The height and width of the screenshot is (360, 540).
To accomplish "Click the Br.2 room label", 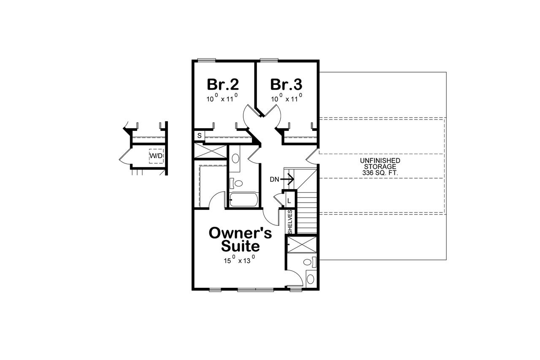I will pyautogui.click(x=223, y=84).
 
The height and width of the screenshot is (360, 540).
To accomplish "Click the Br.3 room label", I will pyautogui.click(x=286, y=84).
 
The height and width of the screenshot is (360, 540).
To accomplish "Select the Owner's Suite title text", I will pyautogui.click(x=240, y=239).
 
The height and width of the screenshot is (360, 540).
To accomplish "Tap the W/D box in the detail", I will pyautogui.click(x=156, y=156).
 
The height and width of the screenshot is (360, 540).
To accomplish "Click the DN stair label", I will pyautogui.click(x=274, y=179).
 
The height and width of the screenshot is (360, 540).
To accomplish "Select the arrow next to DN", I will pyautogui.click(x=288, y=179).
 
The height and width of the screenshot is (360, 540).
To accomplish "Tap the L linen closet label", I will pyautogui.click(x=290, y=200).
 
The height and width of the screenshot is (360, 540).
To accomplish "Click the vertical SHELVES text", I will pyautogui.click(x=290, y=222).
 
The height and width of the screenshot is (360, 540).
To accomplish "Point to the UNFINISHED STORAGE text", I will pyautogui.click(x=380, y=164).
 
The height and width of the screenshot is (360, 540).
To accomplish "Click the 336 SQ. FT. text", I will pyautogui.click(x=380, y=173).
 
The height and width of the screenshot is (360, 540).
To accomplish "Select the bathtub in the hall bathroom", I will pyautogui.click(x=243, y=200).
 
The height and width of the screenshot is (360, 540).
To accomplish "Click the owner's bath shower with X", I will pyautogui.click(x=302, y=245).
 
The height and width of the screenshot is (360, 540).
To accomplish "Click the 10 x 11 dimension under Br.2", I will pyautogui.click(x=223, y=99).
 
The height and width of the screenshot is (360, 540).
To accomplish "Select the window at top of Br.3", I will pyautogui.click(x=269, y=59).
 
